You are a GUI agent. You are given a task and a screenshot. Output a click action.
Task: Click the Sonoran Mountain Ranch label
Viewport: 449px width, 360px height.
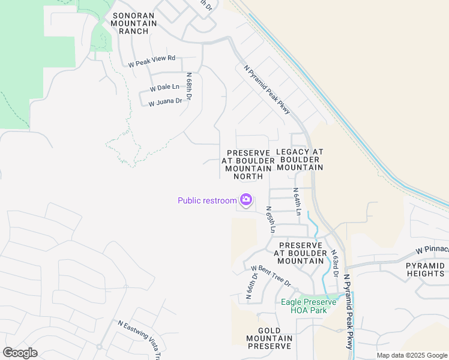tap(133, 23)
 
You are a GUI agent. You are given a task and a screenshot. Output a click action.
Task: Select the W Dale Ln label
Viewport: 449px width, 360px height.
tap(164, 87)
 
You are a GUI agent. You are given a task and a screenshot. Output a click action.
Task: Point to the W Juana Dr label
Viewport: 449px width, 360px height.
tap(165, 102)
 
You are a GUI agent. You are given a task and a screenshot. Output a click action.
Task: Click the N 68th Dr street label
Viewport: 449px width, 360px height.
tap(189, 87)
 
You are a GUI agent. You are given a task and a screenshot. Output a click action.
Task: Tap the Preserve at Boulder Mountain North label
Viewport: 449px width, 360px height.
tap(244, 164)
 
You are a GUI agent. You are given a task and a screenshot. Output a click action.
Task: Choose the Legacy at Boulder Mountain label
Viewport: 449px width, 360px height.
tap(300, 160)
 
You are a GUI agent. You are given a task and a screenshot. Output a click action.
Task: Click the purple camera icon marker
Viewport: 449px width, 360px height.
tap(246, 199)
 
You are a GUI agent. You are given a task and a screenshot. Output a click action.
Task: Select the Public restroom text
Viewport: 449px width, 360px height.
tap(207, 200)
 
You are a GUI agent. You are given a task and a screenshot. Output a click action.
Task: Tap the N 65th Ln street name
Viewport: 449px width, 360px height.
tap(271, 220)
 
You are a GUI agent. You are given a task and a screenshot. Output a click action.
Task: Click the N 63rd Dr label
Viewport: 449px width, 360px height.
tap(335, 265)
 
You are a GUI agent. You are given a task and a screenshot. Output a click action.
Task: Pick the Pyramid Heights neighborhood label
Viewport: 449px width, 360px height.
tap(425, 269)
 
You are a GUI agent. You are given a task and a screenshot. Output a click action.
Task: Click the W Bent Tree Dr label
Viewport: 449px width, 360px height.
tap(271, 276)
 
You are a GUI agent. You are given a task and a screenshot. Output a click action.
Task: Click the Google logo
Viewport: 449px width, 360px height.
tap(20, 353)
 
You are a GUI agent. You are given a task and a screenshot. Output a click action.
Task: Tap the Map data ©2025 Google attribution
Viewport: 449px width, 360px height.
tap(411, 355)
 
